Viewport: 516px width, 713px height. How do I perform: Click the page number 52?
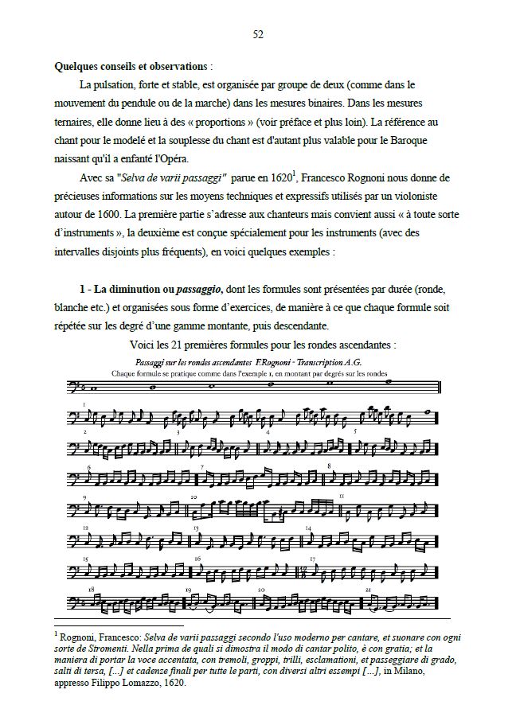click(257, 34)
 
